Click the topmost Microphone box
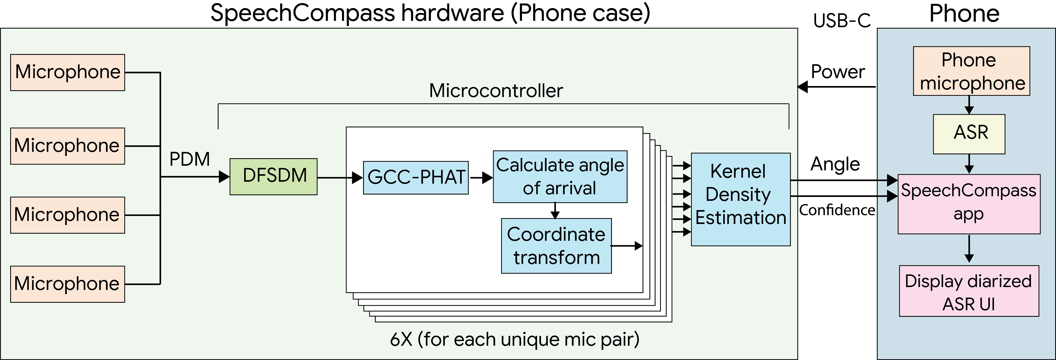pyautogui.click(x=68, y=73)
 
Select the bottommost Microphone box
pyautogui.click(x=68, y=284)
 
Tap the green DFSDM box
pyautogui.click(x=273, y=177)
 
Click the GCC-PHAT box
pyautogui.click(x=416, y=177)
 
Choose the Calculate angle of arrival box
pyautogui.click(x=560, y=177)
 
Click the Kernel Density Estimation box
pyautogui.click(x=741, y=200)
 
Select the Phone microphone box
pyautogui.click(x=972, y=71)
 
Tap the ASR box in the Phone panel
pyautogui.click(x=969, y=134)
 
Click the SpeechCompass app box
pyautogui.click(x=969, y=204)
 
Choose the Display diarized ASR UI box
pyautogui.click(x=969, y=291)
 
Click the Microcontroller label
pyautogui.click(x=496, y=91)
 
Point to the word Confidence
pyautogui.click(x=837, y=210)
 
